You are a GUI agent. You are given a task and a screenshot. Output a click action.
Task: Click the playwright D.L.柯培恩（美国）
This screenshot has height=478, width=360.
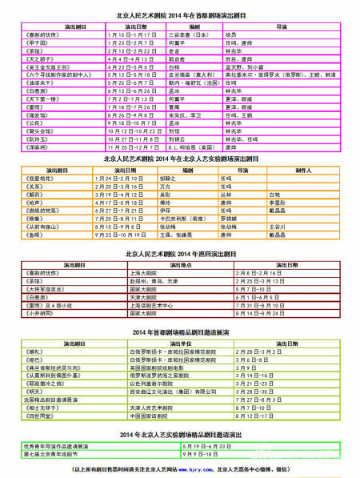190,147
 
